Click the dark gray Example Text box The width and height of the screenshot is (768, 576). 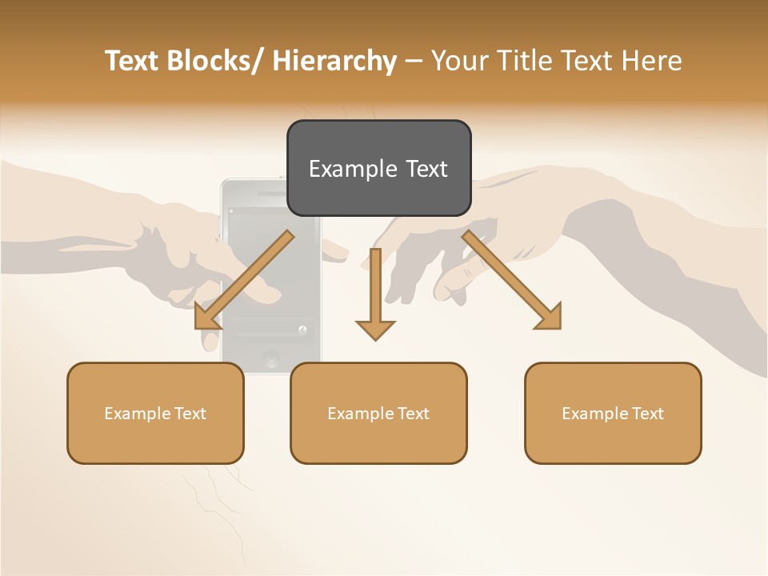pyautogui.click(x=378, y=168)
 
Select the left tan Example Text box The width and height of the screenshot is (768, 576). pyautogui.click(x=155, y=413)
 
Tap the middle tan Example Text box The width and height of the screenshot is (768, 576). pyautogui.click(x=378, y=413)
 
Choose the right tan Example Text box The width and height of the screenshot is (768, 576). pyautogui.click(x=613, y=413)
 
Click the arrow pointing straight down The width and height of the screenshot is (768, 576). pyautogui.click(x=375, y=293)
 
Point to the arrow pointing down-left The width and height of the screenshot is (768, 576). pyautogui.click(x=243, y=281)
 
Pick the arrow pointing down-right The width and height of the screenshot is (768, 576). pyautogui.click(x=512, y=281)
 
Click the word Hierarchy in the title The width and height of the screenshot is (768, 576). pyautogui.click(x=334, y=61)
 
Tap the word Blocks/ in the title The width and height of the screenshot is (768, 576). pyautogui.click(x=217, y=61)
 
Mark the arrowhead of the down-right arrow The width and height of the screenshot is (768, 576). pyautogui.click(x=549, y=317)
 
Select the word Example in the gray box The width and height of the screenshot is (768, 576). pyautogui.click(x=342, y=169)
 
